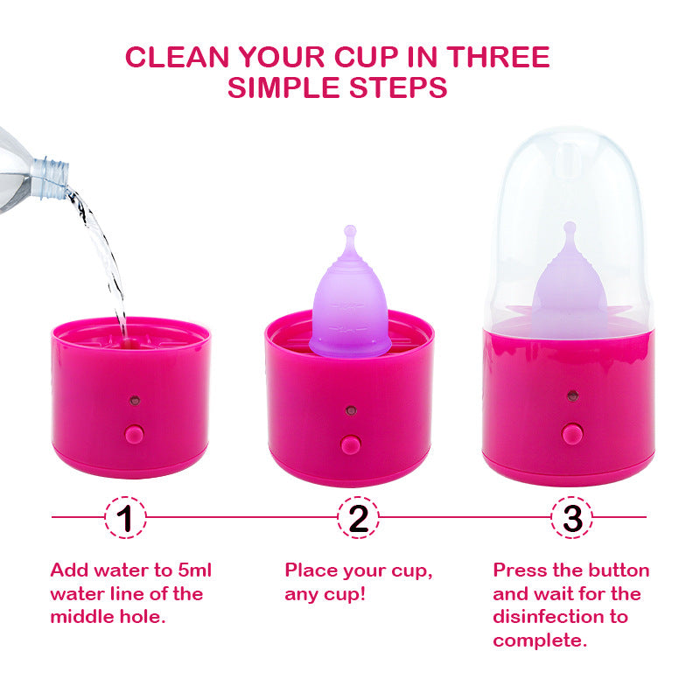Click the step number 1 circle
click(x=126, y=518)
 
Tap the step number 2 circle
click(x=359, y=518)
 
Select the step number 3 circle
click(x=572, y=518)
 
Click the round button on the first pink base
click(x=134, y=433)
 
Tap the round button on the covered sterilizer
click(x=572, y=433)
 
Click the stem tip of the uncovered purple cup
click(x=350, y=231)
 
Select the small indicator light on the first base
click(x=134, y=401)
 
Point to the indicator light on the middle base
click(x=351, y=409)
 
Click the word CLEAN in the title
click(x=178, y=57)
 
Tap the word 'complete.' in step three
click(x=538, y=640)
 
